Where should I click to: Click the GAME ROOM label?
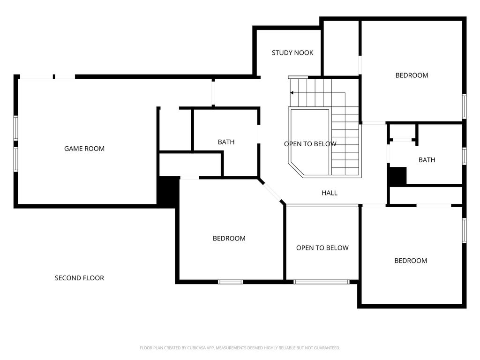pos(84,149)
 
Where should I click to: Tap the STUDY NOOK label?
pos(292,53)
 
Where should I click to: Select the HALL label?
pos(330,193)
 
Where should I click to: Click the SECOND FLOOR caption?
pos(79,278)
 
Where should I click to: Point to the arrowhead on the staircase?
pos(292,93)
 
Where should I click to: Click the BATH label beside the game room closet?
pos(226,142)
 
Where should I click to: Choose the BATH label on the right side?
pos(427,160)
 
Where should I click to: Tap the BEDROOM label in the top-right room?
pos(412,75)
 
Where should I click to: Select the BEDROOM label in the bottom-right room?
pos(411,261)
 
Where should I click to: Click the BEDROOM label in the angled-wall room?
pos(229,239)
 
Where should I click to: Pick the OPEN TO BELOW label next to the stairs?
pos(310,144)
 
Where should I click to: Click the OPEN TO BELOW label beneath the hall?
pos(322,248)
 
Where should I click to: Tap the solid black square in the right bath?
pos(397,176)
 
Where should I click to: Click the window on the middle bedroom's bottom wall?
pos(231,282)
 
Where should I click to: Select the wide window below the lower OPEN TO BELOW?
pos(322,282)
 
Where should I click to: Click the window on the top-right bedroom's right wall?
pos(465,106)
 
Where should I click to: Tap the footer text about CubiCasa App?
pos(240,348)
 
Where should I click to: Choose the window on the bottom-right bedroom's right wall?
pos(465,231)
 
